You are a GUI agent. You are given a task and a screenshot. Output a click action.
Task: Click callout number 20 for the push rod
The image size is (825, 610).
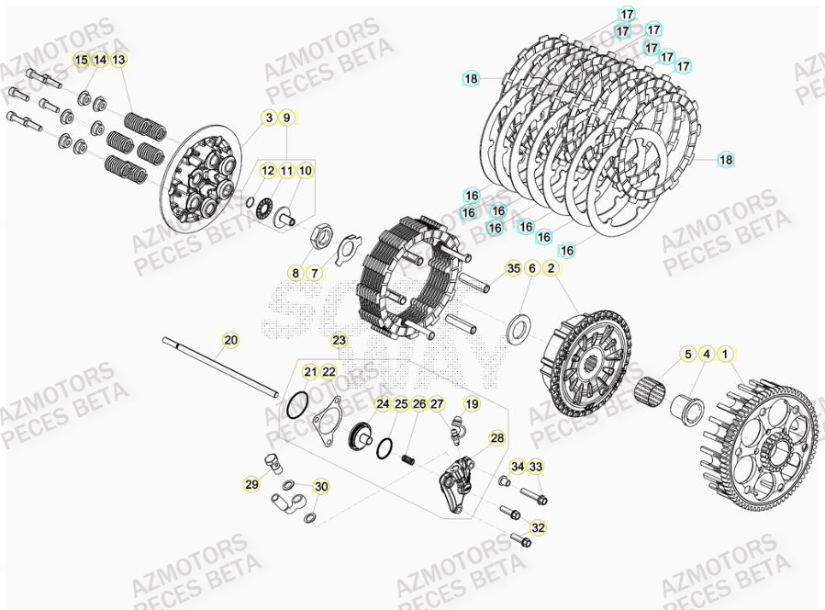[230, 340]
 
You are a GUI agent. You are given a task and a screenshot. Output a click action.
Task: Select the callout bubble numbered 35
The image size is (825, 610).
[513, 268]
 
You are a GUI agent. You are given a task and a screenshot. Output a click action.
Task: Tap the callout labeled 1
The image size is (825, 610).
[726, 353]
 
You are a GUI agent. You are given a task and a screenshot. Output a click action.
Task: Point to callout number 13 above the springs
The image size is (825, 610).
[120, 60]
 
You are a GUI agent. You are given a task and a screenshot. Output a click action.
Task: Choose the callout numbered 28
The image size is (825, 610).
[496, 438]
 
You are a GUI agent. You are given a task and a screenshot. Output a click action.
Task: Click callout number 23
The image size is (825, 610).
[340, 340]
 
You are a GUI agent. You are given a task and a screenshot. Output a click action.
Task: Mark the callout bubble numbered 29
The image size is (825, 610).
[251, 484]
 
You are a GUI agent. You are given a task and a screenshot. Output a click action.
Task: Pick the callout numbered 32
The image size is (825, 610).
[538, 527]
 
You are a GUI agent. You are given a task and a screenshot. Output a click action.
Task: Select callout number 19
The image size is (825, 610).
[471, 404]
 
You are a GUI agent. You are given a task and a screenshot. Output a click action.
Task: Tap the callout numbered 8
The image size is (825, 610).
[295, 273]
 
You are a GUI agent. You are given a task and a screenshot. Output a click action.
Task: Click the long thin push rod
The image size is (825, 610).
[220, 368]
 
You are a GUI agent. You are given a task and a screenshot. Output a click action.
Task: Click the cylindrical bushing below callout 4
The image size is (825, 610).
[687, 403]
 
